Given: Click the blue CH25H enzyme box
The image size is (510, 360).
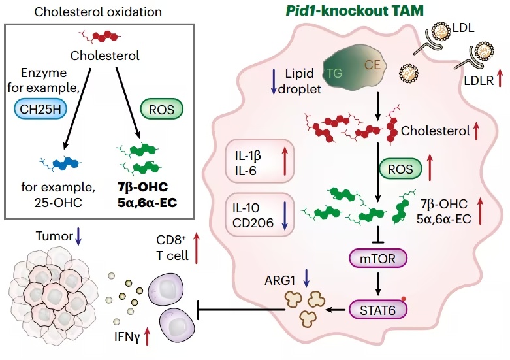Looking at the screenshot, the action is click(40, 109).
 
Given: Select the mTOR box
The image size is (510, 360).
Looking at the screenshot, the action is click(377, 259).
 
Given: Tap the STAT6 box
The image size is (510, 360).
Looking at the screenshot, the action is click(377, 310).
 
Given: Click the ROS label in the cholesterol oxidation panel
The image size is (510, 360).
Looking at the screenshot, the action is click(161, 109).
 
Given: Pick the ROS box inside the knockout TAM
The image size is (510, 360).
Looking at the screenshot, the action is click(400, 169).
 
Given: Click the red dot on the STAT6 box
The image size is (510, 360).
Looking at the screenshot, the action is click(404, 298).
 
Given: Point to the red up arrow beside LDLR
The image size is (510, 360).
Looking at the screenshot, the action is click(500, 79).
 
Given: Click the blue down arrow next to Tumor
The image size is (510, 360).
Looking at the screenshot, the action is click(78, 237).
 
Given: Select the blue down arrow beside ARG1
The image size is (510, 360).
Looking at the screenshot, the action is click(306, 278).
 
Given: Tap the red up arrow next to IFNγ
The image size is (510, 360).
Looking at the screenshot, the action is click(148, 336).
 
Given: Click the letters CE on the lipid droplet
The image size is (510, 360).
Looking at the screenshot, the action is click(372, 65).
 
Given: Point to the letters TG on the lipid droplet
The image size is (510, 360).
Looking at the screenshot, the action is click(334, 73).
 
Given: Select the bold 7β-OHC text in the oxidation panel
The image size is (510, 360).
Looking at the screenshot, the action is click(143, 187).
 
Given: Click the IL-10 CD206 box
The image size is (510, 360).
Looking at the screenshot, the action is click(259, 215).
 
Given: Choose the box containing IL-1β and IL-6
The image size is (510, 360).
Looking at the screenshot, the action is click(259, 162).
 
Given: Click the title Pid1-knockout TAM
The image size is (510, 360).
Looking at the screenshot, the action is click(355, 10).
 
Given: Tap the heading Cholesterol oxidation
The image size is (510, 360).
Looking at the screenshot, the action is click(98, 12).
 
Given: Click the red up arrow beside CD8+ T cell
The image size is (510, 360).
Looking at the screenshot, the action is click(196, 248).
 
